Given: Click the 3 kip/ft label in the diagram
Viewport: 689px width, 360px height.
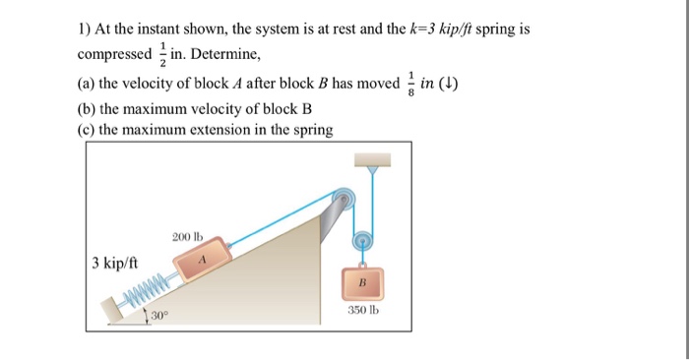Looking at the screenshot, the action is tap(114, 264).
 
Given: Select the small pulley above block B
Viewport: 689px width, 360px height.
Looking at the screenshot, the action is tap(363, 238).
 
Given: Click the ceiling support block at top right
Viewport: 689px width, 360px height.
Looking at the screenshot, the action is tap(371, 158).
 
